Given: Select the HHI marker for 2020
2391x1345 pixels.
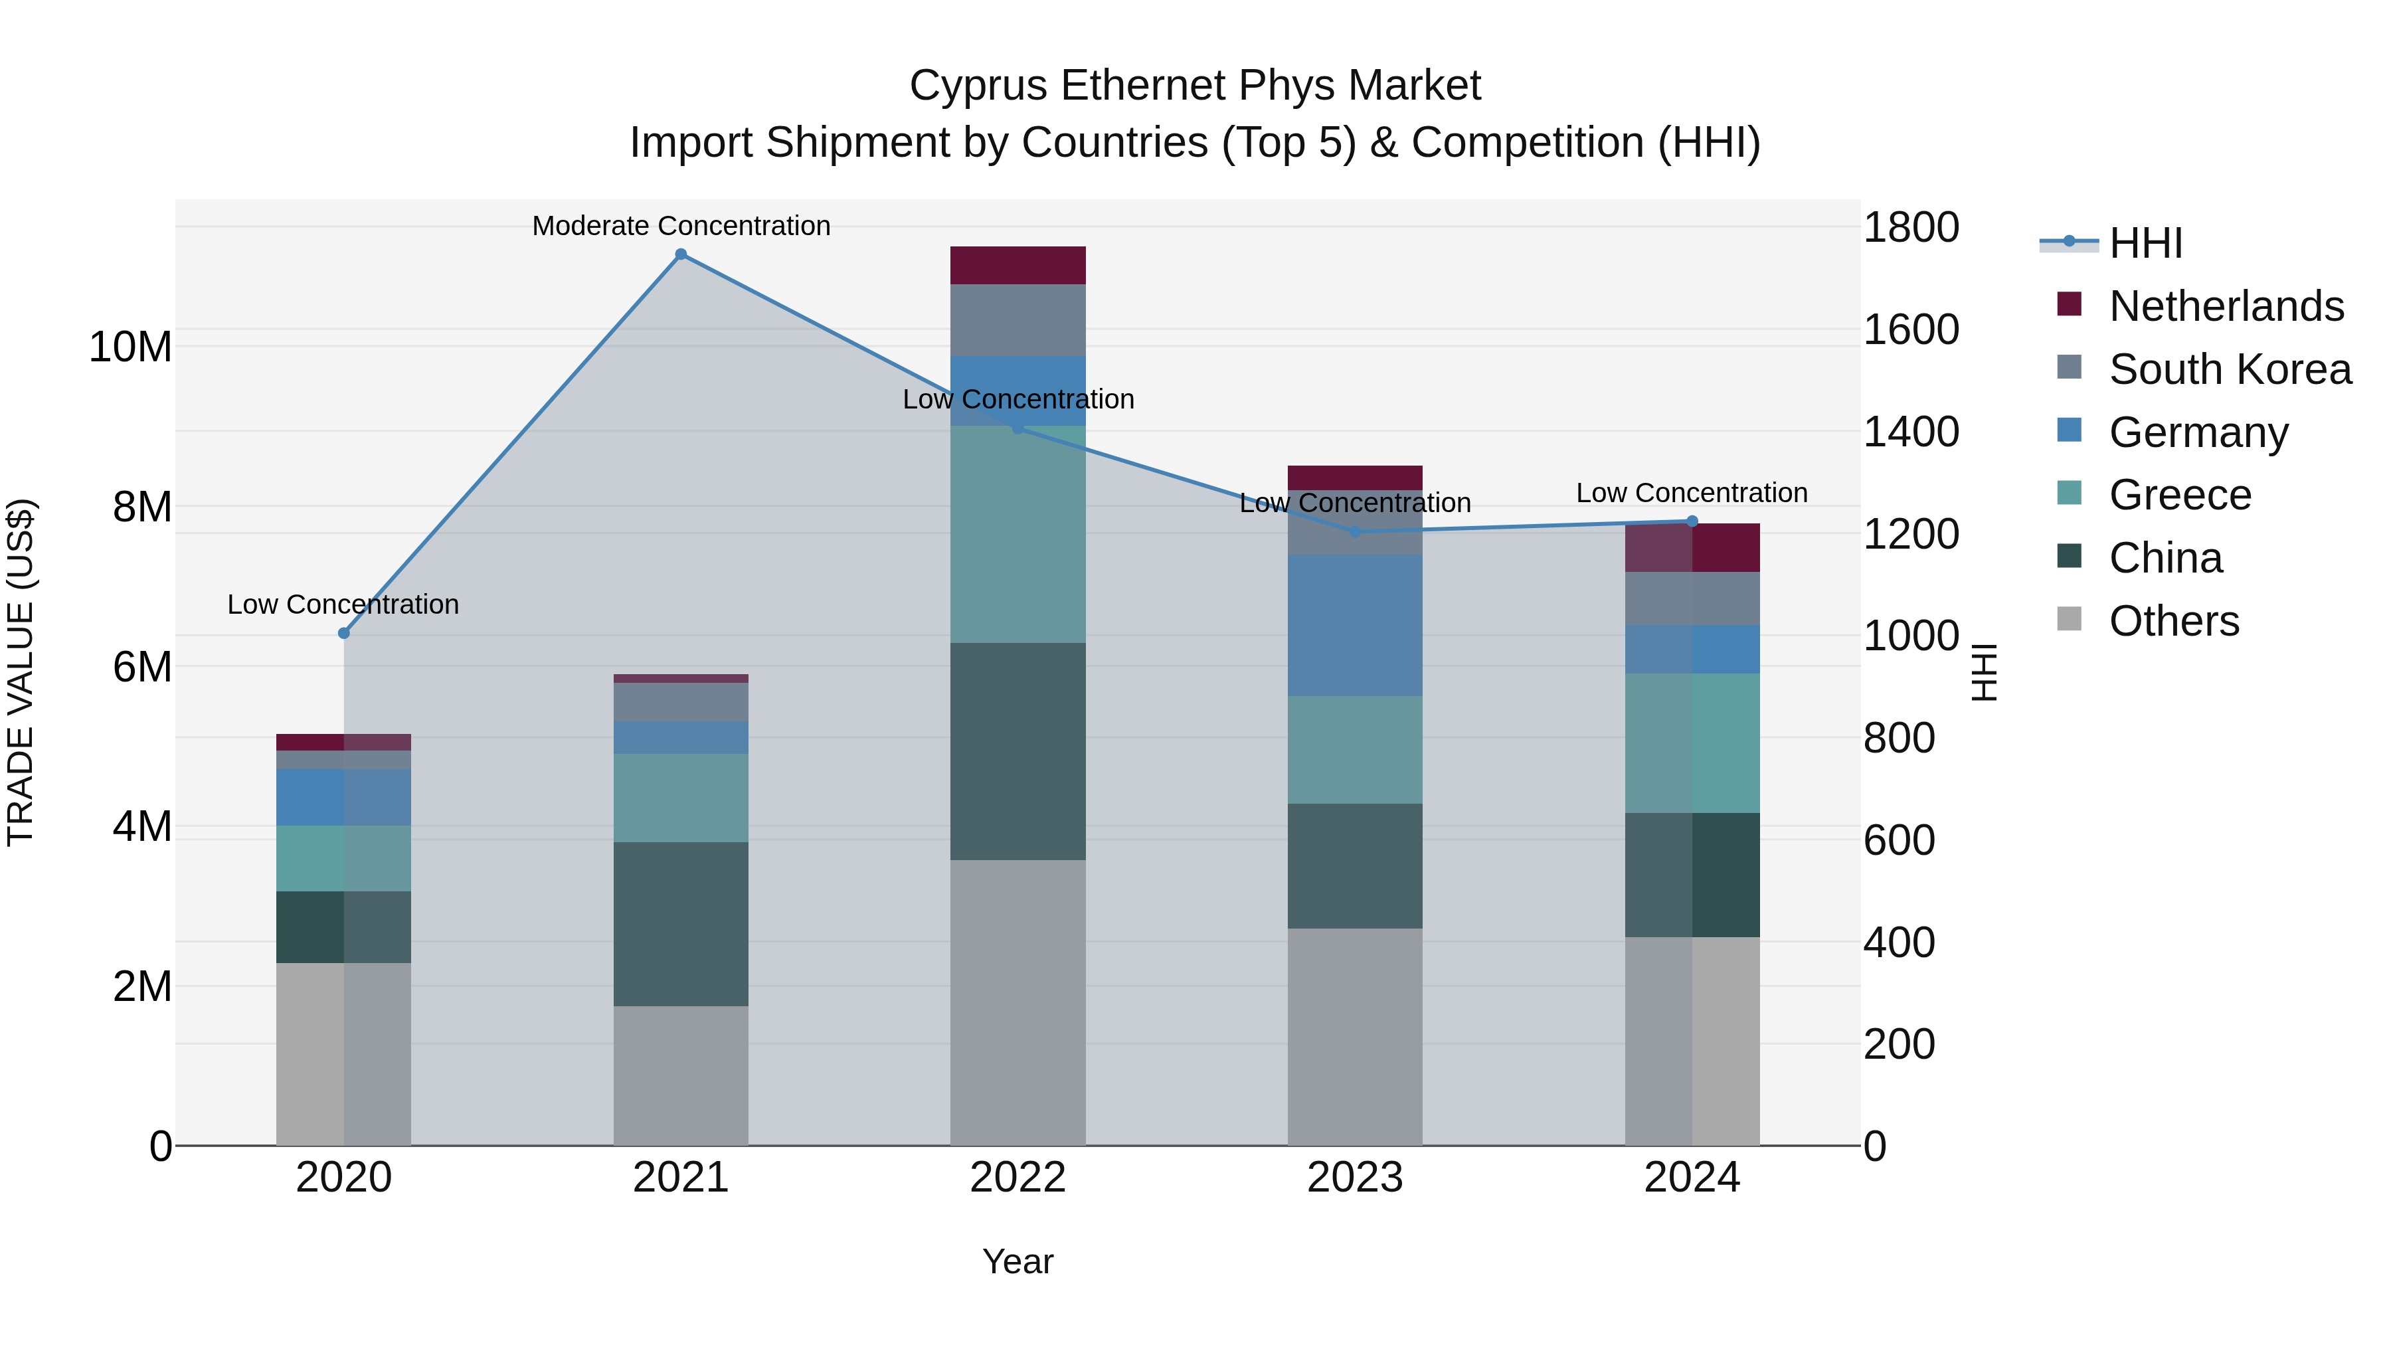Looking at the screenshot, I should (343, 633).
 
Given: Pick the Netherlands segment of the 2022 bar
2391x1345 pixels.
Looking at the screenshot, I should (1018, 266).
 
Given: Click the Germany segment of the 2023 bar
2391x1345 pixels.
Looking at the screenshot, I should (1354, 625).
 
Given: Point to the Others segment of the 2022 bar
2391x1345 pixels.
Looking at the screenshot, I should (1018, 1002).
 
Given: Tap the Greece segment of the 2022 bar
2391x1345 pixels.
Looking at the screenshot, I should (1018, 534).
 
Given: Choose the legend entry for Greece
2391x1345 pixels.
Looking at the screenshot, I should (2179, 495).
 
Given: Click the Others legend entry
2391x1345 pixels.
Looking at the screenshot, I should (2173, 621).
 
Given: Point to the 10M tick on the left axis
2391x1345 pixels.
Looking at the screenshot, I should (130, 347).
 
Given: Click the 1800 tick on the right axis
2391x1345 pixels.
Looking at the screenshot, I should (1910, 227).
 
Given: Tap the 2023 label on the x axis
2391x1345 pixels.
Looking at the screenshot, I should (1354, 1178).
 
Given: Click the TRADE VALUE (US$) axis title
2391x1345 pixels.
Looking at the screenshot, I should (21, 672).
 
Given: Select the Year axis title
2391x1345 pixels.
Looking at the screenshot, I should (1018, 1261).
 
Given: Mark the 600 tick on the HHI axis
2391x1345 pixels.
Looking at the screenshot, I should (1898, 840).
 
